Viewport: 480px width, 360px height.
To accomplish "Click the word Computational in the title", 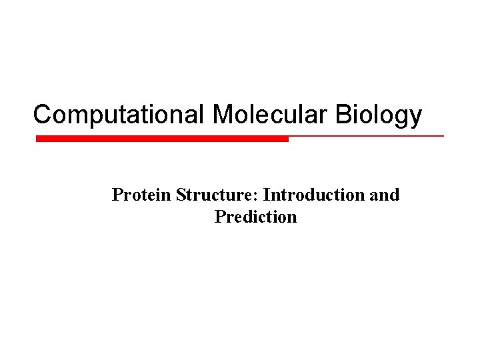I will click(x=120, y=114).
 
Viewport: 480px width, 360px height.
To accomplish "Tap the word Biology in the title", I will click(x=379, y=114).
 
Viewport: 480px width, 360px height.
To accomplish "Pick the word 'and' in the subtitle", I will click(x=384, y=195).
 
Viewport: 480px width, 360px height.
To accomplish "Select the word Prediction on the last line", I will click(x=255, y=217).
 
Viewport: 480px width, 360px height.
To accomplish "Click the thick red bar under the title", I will click(x=162, y=139).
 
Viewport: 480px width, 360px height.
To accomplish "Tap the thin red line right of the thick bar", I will click(x=367, y=136).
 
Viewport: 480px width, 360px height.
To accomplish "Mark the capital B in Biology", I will click(x=343, y=114).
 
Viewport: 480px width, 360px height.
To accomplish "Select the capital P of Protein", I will click(x=117, y=195).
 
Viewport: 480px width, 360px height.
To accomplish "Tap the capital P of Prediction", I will click(x=220, y=217).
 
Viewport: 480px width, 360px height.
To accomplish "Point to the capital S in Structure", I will click(x=180, y=195).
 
